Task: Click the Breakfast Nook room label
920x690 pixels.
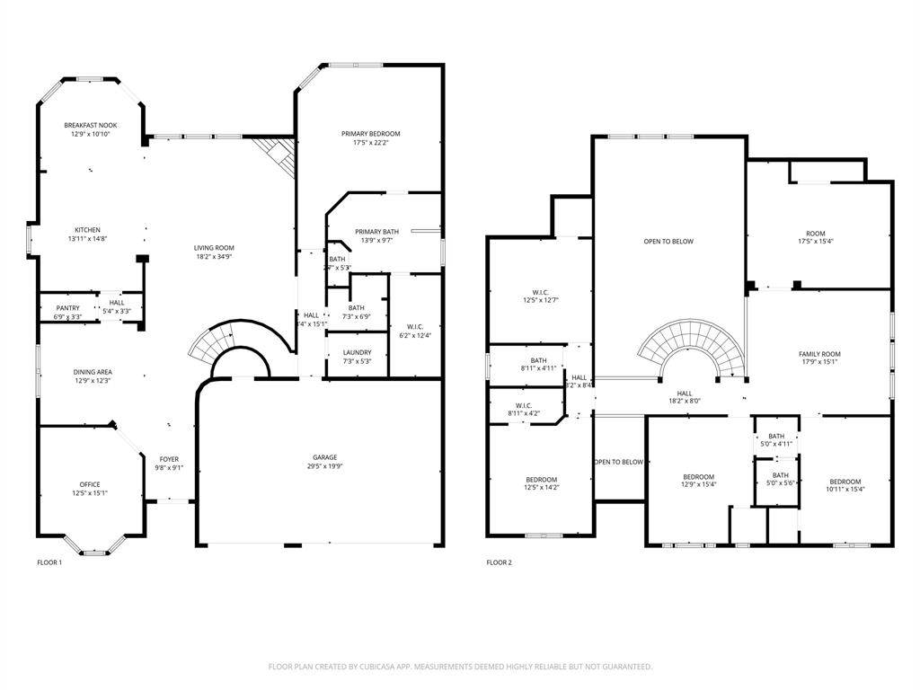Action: [90, 125]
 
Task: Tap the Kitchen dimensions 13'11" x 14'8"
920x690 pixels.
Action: [87, 239]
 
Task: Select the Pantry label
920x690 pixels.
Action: [67, 308]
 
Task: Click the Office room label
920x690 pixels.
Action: [90, 484]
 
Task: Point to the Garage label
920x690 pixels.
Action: [324, 457]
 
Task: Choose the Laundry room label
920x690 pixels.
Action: [357, 352]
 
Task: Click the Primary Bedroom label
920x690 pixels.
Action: [370, 134]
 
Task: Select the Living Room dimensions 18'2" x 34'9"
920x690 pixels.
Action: [214, 257]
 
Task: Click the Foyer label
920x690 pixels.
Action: [169, 459]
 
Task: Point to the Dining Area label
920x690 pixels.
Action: [93, 371]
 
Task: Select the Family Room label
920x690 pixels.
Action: [819, 354]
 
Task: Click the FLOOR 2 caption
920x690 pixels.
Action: [499, 563]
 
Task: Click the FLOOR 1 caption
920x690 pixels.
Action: [49, 563]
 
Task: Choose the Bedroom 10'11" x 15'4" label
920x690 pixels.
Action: [845, 482]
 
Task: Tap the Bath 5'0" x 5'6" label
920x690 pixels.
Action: [781, 475]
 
